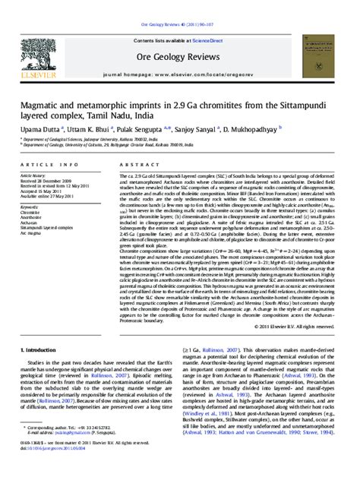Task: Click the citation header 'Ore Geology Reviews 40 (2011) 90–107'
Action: pyautogui.click(x=179, y=5)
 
